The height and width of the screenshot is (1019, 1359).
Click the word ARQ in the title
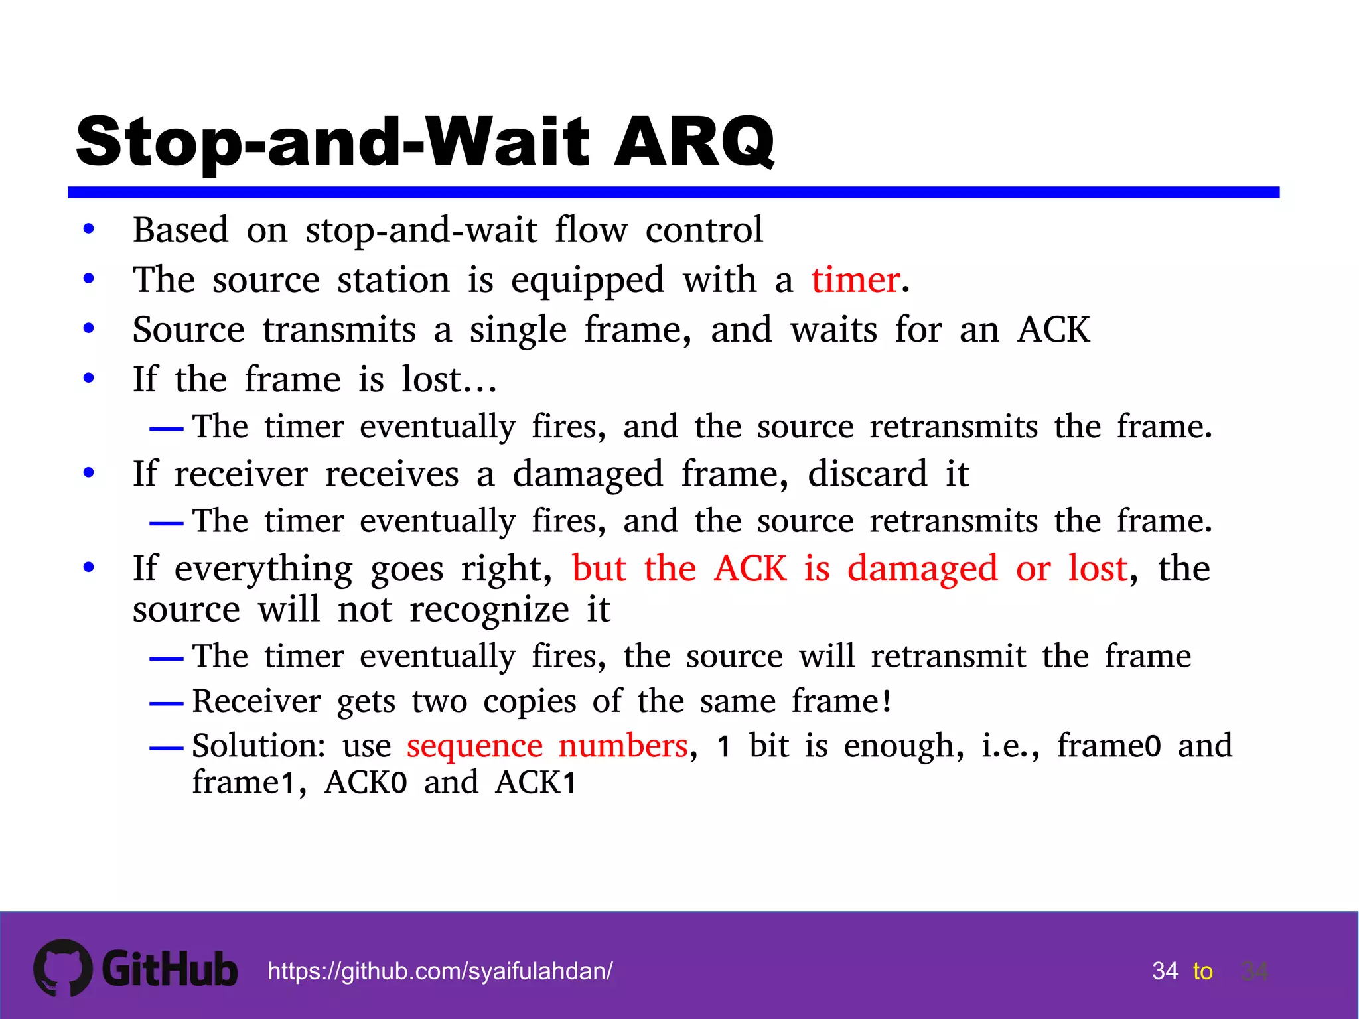click(693, 141)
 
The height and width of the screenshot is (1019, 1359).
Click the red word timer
click(855, 280)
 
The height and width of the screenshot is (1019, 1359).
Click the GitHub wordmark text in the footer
click(169, 969)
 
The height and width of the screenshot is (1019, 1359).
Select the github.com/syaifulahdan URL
click(440, 971)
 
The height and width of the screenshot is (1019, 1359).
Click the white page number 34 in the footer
click(1165, 971)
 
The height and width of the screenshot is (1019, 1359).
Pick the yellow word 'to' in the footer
click(1202, 971)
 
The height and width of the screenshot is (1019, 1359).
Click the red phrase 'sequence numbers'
click(547, 746)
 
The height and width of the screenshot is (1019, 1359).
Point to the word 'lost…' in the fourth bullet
click(449, 380)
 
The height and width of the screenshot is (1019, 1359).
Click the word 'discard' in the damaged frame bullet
click(867, 474)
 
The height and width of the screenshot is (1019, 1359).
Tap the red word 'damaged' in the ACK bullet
click(922, 569)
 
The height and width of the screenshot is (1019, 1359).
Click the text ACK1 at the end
click(536, 783)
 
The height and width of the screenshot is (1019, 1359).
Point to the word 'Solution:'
click(259, 746)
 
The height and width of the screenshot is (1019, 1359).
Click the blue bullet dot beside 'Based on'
click(89, 230)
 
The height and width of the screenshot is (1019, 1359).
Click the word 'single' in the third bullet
click(518, 330)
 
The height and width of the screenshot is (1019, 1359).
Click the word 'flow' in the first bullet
click(591, 230)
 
